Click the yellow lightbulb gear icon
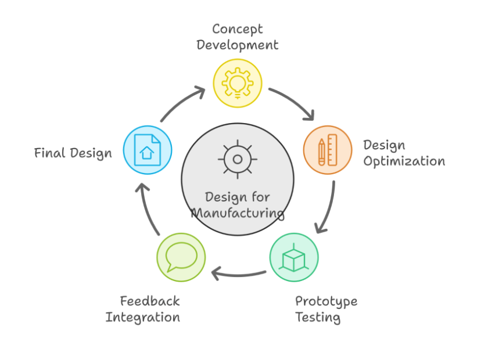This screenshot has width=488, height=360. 237,83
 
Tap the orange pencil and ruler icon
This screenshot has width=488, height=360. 328,150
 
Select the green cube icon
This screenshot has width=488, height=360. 294,257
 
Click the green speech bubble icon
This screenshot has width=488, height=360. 181,257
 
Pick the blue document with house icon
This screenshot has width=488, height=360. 148,150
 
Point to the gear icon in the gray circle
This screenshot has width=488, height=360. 237,159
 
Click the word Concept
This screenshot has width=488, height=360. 237,29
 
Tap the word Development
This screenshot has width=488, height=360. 237,45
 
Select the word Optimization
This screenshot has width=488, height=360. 404,161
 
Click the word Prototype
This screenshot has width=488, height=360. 326,301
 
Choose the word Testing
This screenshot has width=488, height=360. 317,318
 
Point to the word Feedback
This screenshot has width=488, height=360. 150,301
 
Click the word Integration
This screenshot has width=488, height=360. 143,318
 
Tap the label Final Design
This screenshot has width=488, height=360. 73,153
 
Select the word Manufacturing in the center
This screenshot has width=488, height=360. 238,213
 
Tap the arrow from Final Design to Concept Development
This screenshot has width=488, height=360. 181,103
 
